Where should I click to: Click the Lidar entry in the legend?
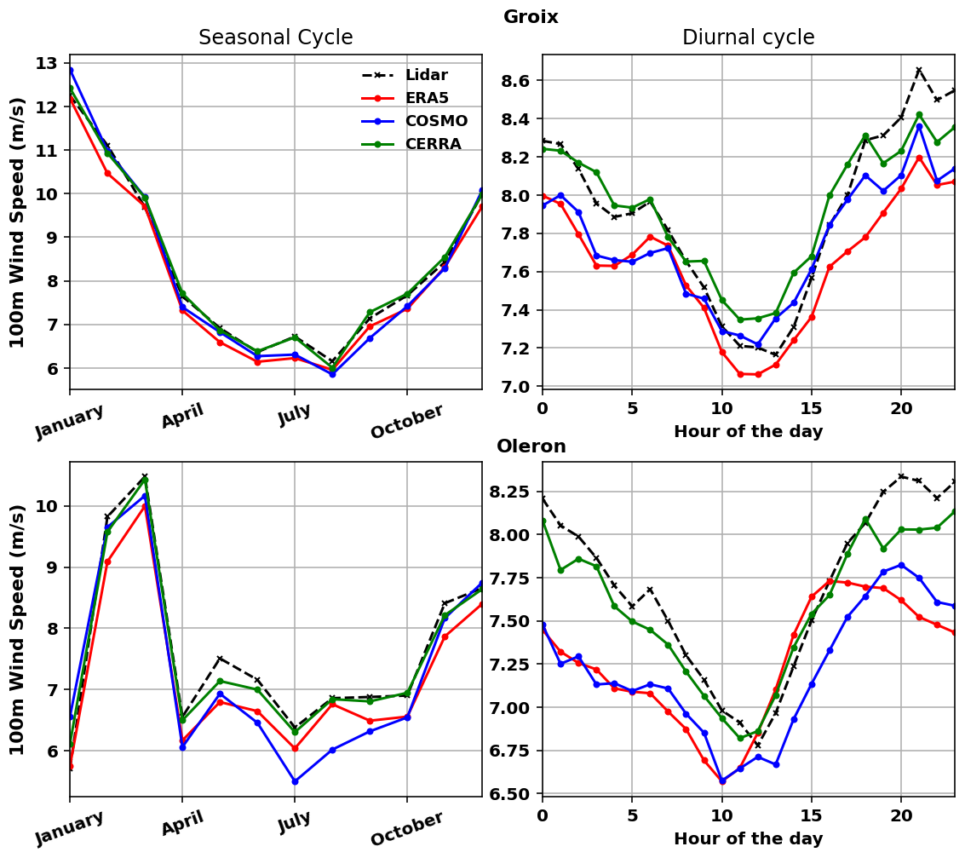tap(426, 75)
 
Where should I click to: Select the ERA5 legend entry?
tap(426, 98)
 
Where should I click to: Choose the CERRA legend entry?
tap(433, 144)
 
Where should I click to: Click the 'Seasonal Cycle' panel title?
tap(275, 37)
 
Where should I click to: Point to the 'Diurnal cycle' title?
tap(748, 37)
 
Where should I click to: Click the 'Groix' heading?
tap(531, 17)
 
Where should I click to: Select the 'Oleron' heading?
tap(531, 446)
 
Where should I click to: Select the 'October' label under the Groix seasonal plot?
tap(407, 423)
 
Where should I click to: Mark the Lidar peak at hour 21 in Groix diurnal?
tap(919, 70)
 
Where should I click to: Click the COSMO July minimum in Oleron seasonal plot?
tap(295, 781)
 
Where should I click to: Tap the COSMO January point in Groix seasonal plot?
tap(70, 71)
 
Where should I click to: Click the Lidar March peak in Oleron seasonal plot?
tap(145, 476)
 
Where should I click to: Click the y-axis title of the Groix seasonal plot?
tap(17, 222)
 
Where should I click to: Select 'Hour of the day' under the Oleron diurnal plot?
tap(748, 838)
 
